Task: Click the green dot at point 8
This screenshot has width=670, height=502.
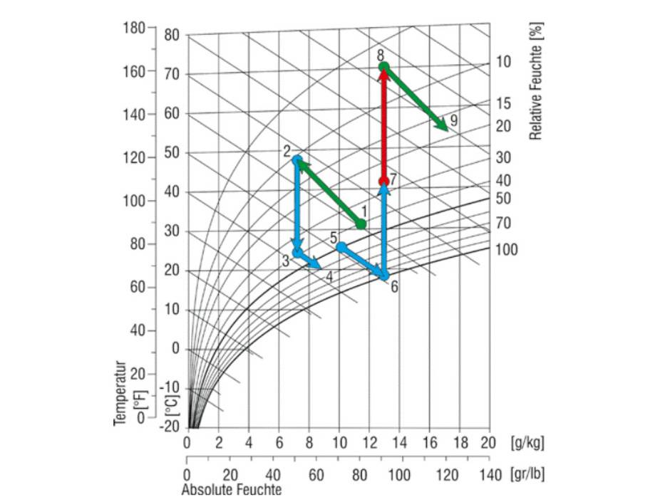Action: (384, 67)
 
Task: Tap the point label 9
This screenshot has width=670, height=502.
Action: (453, 120)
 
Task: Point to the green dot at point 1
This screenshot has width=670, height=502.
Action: (361, 224)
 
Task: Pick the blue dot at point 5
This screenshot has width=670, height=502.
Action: (341, 246)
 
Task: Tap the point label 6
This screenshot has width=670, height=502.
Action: (394, 287)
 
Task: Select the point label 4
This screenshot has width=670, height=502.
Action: (329, 276)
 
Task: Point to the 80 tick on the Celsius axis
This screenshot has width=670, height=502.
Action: (172, 35)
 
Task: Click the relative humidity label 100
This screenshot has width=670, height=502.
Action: (507, 250)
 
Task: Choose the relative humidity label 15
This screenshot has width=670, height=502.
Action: (504, 104)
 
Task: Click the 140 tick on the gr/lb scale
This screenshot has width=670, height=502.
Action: (489, 474)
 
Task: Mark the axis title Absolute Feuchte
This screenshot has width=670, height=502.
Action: (232, 490)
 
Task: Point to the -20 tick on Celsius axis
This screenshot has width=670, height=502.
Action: (172, 426)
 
